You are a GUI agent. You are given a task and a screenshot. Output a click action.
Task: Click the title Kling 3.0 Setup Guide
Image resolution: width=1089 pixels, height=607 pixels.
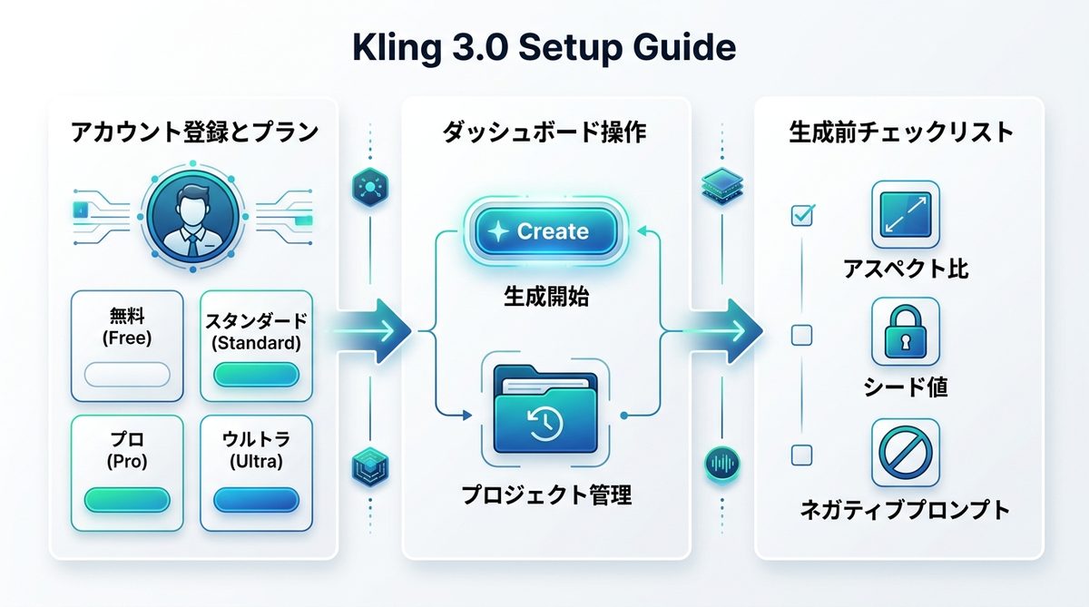[544, 47]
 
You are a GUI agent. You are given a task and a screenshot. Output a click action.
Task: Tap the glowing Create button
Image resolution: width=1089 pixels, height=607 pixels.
[542, 231]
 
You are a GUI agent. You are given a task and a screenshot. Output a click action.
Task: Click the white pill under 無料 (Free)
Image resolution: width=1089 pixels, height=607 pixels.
[127, 374]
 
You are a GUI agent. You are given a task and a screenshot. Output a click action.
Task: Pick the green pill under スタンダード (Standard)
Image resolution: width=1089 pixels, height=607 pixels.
[255, 374]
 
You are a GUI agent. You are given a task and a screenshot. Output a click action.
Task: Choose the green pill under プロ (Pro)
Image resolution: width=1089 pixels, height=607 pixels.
[127, 499]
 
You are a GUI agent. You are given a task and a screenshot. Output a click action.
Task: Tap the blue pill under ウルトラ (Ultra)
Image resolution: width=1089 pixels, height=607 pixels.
[255, 499]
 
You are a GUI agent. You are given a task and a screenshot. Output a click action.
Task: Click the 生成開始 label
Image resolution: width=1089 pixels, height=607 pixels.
[544, 296]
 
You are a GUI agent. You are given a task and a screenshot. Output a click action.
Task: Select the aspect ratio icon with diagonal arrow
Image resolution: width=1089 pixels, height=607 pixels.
[904, 215]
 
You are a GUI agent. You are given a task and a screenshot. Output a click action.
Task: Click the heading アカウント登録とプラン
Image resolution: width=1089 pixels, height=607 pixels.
[194, 132]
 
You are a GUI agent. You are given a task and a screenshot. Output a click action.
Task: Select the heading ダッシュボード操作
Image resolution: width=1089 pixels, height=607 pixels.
[544, 132]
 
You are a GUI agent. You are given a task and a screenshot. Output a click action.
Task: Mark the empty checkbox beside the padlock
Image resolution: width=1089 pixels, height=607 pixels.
[801, 336]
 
